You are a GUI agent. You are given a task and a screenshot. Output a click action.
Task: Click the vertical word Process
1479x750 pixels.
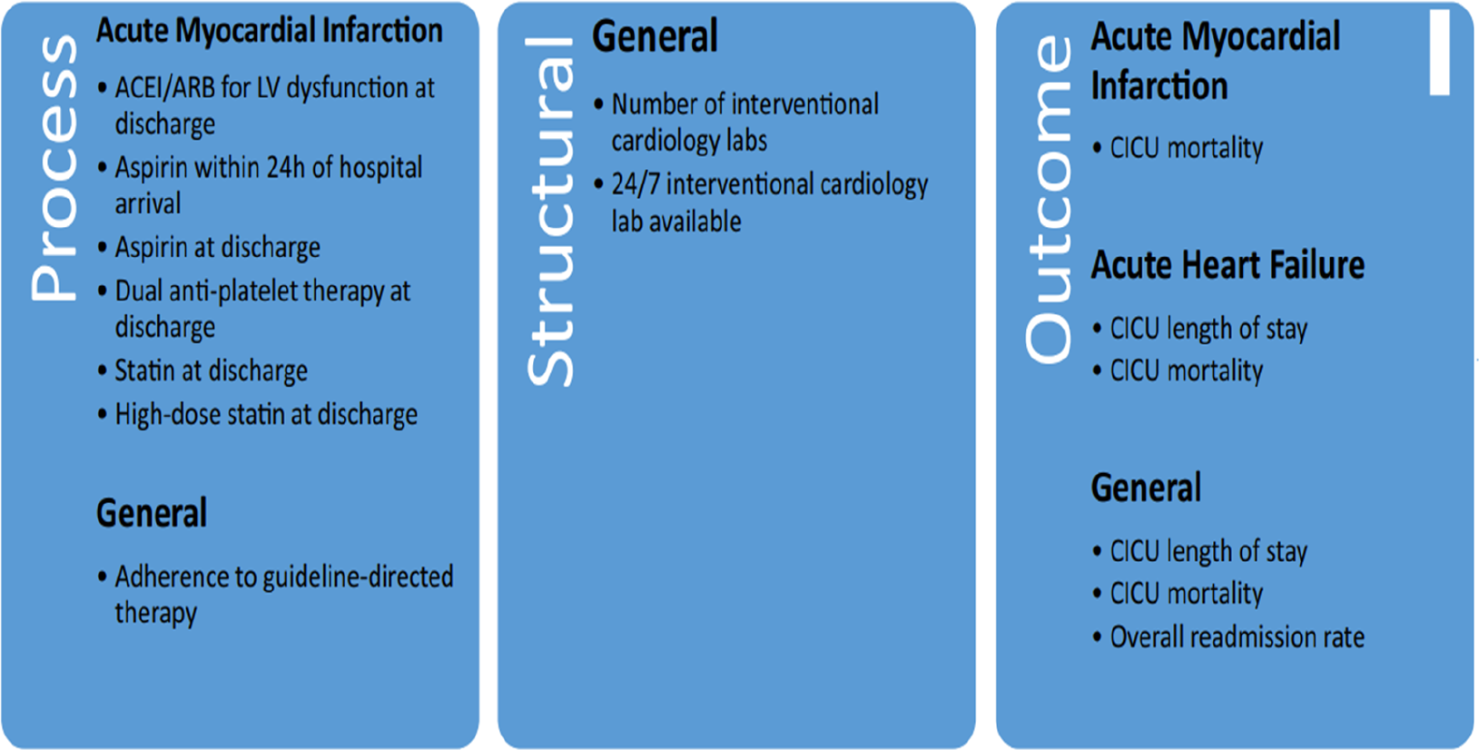click(x=54, y=168)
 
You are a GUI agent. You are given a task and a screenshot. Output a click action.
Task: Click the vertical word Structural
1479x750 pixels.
click(x=550, y=212)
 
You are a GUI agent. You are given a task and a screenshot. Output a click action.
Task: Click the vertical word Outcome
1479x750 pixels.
click(x=1049, y=199)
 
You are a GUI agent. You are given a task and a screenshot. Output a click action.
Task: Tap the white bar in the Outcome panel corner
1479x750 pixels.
click(x=1439, y=53)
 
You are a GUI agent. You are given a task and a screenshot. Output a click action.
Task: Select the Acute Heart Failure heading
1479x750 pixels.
click(x=1228, y=266)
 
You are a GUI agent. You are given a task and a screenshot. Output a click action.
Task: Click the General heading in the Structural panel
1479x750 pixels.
click(x=655, y=37)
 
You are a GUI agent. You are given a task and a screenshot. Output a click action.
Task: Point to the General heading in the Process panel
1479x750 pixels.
click(x=152, y=514)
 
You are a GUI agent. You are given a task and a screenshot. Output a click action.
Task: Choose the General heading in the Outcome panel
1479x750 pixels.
click(x=1146, y=488)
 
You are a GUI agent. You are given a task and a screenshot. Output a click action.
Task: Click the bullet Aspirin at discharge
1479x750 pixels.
click(x=217, y=248)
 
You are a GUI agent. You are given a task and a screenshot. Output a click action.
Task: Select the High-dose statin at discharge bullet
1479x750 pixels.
click(x=265, y=415)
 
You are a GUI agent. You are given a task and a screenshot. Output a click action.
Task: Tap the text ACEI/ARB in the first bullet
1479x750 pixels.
click(x=164, y=88)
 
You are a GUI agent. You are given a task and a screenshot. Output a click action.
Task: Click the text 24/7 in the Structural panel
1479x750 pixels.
click(x=636, y=184)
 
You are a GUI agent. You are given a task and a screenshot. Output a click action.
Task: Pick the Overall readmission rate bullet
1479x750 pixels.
click(x=1237, y=637)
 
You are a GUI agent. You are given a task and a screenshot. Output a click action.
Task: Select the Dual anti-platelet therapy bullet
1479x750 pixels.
click(x=262, y=291)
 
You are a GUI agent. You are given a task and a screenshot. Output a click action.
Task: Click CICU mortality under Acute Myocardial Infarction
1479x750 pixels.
click(x=1186, y=148)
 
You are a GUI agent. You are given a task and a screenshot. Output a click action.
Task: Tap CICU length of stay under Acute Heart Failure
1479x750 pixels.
click(x=1208, y=329)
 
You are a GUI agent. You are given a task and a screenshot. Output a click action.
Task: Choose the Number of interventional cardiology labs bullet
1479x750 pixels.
click(x=744, y=105)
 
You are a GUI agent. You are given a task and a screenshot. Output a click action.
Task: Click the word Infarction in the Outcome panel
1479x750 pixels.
click(x=1159, y=87)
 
